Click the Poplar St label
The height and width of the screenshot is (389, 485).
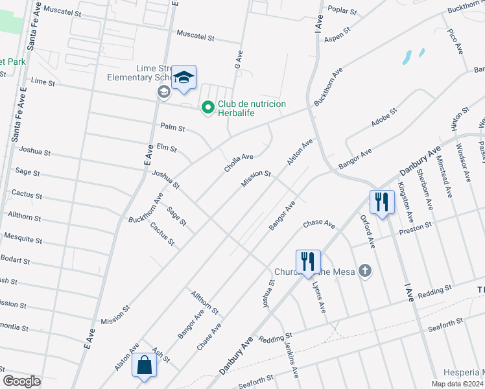click(342, 11)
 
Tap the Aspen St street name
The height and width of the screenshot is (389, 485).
click(337, 30)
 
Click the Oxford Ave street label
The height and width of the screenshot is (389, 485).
click(368, 231)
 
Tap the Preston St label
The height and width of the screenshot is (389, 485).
click(416, 227)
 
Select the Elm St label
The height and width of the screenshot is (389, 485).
click(167, 148)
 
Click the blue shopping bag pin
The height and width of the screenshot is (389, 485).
click(144, 366)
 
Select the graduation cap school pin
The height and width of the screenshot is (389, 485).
click(184, 78)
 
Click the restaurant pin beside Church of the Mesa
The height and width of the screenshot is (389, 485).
click(307, 262)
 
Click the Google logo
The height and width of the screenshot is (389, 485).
click(21, 381)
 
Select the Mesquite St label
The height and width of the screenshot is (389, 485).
click(23, 239)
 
